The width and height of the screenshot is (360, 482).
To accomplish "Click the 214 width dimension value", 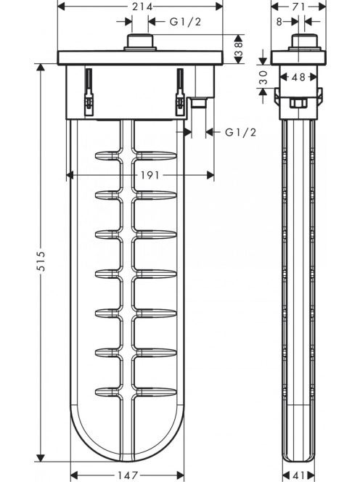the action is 142,7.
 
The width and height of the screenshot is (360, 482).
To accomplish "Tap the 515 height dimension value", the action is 41,261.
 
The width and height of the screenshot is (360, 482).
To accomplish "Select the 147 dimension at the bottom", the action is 128,475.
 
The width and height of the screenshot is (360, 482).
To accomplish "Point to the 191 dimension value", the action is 150,175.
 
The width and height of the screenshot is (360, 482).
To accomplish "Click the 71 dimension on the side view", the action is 298,7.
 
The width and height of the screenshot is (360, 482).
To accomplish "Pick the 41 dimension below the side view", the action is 298,475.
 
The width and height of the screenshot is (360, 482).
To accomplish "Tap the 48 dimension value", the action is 298,77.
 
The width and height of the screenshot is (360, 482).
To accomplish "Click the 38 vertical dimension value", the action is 239,49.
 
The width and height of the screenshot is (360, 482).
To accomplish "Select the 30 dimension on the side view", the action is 263,77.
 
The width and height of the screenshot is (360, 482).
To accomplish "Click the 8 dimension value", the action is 279,22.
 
